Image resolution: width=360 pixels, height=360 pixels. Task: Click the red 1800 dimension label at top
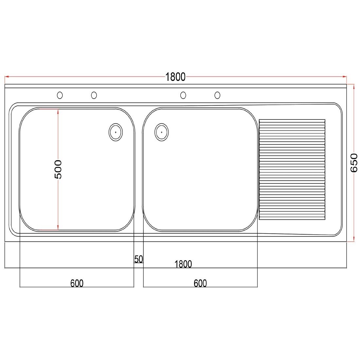[x=175, y=77]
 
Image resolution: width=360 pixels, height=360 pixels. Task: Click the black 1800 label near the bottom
[x=183, y=264]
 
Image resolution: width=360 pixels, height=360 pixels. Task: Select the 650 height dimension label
[x=354, y=163]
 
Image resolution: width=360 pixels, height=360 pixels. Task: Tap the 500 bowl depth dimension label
[x=58, y=169]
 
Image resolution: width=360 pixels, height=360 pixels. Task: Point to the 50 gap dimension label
[x=139, y=259]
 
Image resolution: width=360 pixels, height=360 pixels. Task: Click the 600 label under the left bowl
[x=77, y=283]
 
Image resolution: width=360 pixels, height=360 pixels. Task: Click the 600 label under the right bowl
[x=200, y=283]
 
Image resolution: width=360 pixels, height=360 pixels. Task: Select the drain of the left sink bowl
[x=116, y=132]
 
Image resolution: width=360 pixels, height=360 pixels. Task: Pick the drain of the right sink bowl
[x=162, y=132]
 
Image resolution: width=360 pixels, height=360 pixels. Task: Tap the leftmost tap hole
[x=60, y=95]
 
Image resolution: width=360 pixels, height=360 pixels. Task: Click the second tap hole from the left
[x=94, y=95]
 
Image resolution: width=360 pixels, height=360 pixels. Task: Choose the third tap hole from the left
[x=183, y=95]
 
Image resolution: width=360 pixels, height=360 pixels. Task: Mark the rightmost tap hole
[x=217, y=95]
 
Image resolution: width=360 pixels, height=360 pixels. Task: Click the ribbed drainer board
[x=292, y=170]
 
